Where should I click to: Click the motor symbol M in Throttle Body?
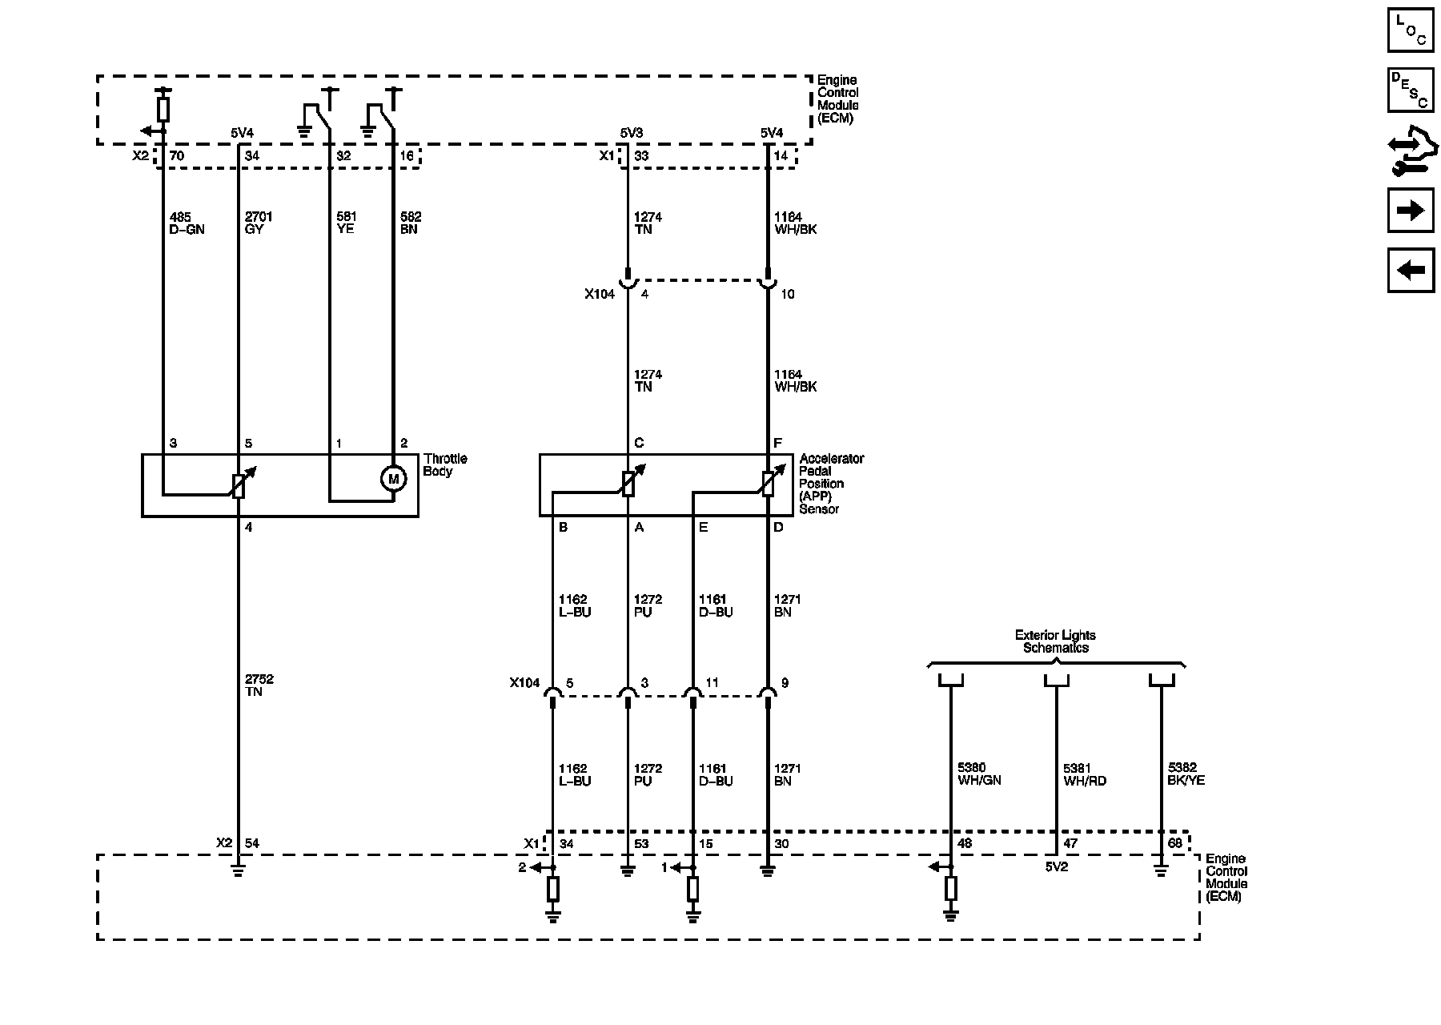(393, 479)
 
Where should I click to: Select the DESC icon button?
(1410, 90)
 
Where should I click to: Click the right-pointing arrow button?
(1410, 210)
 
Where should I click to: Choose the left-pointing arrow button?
(1410, 270)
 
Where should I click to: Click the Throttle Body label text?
(445, 465)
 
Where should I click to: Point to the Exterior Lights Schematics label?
(1056, 641)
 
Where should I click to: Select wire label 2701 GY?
(259, 223)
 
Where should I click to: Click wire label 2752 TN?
(259, 685)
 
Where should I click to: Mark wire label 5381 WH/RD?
(1085, 774)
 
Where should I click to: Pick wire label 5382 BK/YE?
(1186, 774)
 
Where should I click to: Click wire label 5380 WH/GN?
(979, 774)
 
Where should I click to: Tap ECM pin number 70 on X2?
(177, 156)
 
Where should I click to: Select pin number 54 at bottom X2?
(252, 843)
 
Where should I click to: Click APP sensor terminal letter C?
(639, 443)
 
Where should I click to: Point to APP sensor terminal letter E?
(703, 527)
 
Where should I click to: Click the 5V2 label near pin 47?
(1058, 867)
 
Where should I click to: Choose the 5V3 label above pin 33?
(632, 133)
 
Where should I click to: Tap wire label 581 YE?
(346, 223)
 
